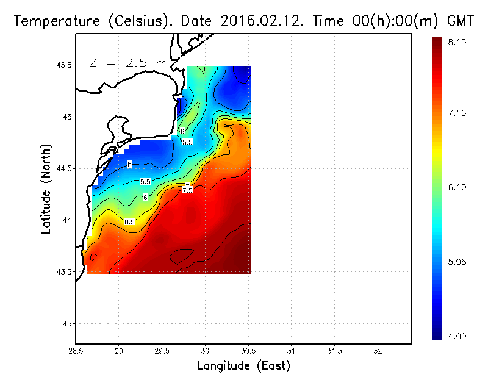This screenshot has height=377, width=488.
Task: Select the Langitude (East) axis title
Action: pos(243,366)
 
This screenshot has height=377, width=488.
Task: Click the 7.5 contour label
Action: pos(187,191)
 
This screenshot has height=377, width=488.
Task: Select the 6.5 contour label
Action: pos(129,222)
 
